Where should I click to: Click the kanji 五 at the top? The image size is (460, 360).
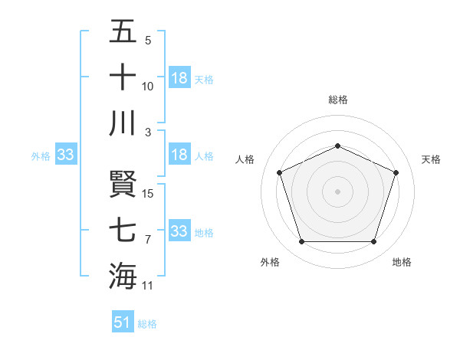[123, 33]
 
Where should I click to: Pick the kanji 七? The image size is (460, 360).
[123, 230]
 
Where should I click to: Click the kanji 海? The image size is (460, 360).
[123, 275]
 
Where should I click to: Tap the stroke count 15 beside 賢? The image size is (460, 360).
[149, 193]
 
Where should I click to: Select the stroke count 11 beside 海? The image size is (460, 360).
[149, 286]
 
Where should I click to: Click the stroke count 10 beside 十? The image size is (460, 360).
[149, 87]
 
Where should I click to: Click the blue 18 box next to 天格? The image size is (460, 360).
[179, 78]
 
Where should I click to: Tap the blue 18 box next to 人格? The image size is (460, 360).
[179, 155]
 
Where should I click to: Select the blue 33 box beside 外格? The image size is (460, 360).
[65, 155]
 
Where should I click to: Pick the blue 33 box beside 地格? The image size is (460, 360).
[179, 231]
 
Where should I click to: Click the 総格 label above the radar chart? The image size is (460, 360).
[338, 100]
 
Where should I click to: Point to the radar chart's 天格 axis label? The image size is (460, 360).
[432, 159]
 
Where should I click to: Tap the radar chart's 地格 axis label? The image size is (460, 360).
[402, 262]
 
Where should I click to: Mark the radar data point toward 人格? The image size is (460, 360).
[279, 172]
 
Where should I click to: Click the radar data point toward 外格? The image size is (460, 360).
[301, 242]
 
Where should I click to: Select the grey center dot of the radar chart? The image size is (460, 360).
[338, 191]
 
